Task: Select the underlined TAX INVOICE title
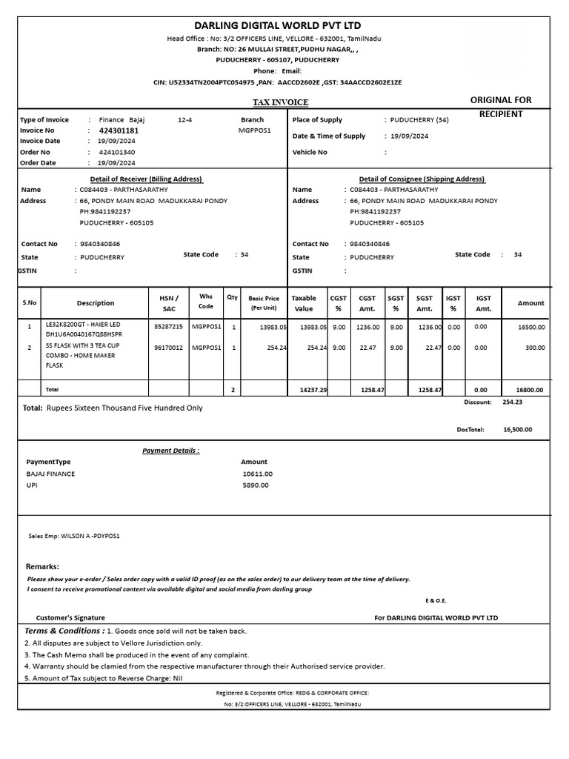coord(281,102)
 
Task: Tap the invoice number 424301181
coord(119,130)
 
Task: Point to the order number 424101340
coord(117,152)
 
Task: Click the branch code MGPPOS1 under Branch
coord(254,130)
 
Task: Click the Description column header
coord(96,303)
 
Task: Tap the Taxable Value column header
coord(304,303)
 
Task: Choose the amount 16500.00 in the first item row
coord(530,326)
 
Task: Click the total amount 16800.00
coord(529,389)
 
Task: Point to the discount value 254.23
coord(512,402)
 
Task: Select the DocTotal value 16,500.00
coord(517,429)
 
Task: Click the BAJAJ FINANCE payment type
coord(50,474)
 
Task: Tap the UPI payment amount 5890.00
coord(256,485)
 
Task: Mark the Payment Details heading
coord(170,450)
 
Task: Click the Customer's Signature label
coord(70,617)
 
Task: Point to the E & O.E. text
coord(436,600)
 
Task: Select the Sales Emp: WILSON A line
coord(73,535)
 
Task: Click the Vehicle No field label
coord(310,152)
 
